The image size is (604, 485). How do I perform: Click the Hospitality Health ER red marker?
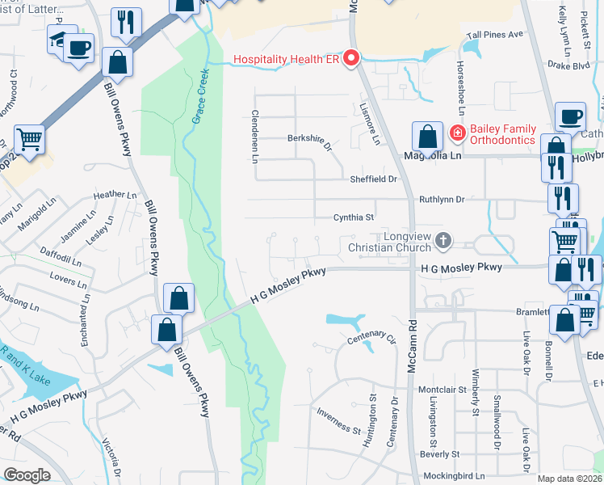coord(351,59)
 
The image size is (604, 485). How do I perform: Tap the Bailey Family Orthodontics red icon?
coord(458,132)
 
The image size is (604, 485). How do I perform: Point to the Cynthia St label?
coord(354,217)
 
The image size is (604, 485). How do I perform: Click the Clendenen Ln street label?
coord(254,136)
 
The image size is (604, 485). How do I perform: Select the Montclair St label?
coord(443,390)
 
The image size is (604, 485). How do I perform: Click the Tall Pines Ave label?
coord(495,36)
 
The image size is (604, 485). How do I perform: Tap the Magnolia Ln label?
coord(432,156)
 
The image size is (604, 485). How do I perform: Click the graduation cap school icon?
coord(57,40)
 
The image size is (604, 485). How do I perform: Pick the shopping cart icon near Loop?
coord(30,139)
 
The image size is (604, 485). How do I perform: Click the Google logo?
coord(27,475)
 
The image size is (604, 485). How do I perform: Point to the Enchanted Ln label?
coord(85,320)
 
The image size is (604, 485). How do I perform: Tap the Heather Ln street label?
coord(115,195)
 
